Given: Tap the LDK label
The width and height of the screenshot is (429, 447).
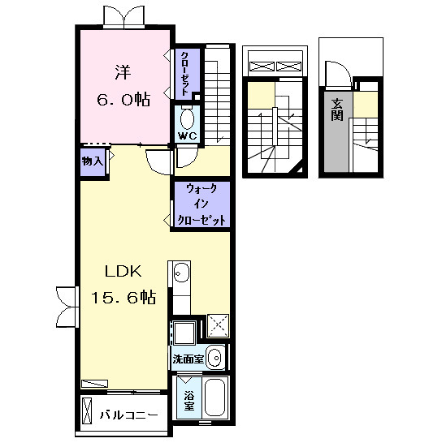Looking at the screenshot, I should (x=119, y=271).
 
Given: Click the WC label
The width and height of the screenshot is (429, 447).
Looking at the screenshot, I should (x=188, y=136).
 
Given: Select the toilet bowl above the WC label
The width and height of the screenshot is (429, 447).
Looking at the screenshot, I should (x=188, y=119).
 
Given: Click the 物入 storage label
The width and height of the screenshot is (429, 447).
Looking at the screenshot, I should (x=93, y=161).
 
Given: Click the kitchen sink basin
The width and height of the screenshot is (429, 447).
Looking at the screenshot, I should (x=180, y=273).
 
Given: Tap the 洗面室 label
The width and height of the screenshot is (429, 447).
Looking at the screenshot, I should (x=186, y=358).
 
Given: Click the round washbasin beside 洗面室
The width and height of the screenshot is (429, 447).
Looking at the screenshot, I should (x=214, y=357).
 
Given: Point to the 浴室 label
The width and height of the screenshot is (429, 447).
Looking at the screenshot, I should (x=188, y=402).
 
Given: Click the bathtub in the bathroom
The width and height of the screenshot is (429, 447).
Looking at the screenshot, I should (x=214, y=398).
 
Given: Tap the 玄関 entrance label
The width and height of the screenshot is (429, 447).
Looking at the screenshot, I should (x=336, y=109).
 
